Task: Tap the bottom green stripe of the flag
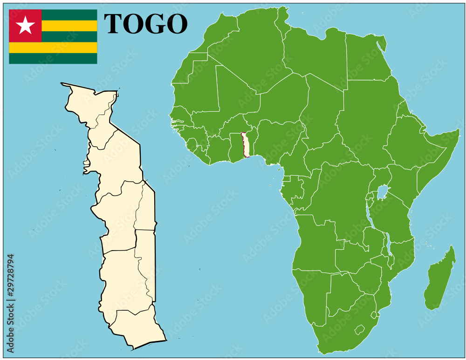pyautogui.click(x=53, y=58)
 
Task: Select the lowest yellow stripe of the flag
pyautogui.click(x=53, y=48)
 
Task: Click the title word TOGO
pyautogui.click(x=145, y=24)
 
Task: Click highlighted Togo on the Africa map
pyautogui.click(x=246, y=144)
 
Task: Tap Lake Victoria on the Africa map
pyautogui.click(x=383, y=191)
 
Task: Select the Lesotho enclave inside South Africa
pyautogui.click(x=359, y=330)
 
